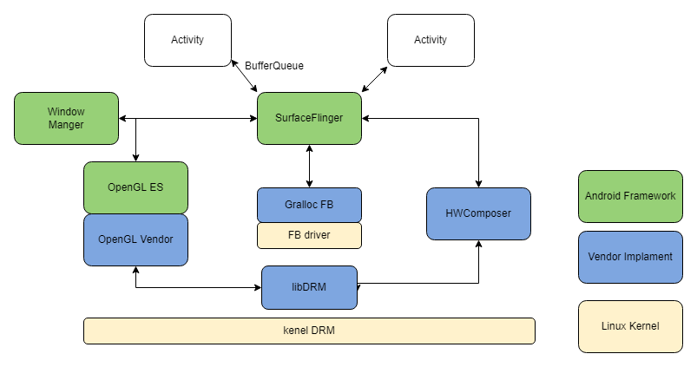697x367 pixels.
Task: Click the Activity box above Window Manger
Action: pyautogui.click(x=187, y=40)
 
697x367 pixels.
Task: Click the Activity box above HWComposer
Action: pyautogui.click(x=431, y=40)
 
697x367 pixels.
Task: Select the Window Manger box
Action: pyautogui.click(x=66, y=118)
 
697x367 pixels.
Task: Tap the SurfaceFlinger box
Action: pyautogui.click(x=309, y=118)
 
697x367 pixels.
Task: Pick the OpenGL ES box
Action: pyautogui.click(x=135, y=187)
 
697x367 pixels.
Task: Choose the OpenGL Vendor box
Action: pyautogui.click(x=135, y=239)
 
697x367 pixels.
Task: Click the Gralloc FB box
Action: pyautogui.click(x=309, y=205)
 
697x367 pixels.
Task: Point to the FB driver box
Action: pyautogui.click(x=309, y=235)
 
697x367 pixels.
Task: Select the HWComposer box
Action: pyautogui.click(x=478, y=213)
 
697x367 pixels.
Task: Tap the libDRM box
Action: pyautogui.click(x=309, y=287)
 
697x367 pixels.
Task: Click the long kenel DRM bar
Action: pyautogui.click(x=309, y=331)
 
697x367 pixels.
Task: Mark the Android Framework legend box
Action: pyautogui.click(x=630, y=196)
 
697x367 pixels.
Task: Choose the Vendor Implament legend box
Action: pyautogui.click(x=630, y=257)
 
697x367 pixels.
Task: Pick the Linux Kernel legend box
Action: pyautogui.click(x=630, y=326)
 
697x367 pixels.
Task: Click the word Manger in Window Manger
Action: pyautogui.click(x=66, y=125)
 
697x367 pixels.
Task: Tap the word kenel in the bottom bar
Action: pyautogui.click(x=297, y=331)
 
